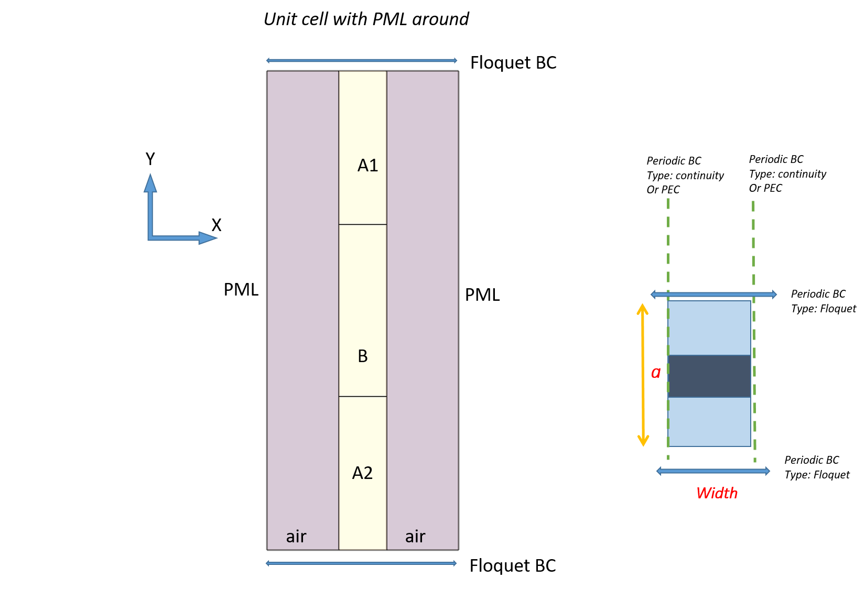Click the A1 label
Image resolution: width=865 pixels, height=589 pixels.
click(367, 166)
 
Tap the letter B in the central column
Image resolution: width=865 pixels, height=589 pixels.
click(363, 356)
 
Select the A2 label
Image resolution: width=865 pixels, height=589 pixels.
click(362, 473)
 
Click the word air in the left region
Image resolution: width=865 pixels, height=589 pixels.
click(296, 537)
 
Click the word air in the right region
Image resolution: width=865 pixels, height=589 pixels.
click(415, 537)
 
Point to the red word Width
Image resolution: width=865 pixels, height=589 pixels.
click(717, 493)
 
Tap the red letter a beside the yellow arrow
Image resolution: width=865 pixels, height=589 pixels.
click(655, 373)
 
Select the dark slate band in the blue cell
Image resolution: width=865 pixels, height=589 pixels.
click(709, 376)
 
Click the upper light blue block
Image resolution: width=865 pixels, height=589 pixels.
click(709, 328)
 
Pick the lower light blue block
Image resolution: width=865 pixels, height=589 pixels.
click(709, 422)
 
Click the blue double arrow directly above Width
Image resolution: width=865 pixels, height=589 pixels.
click(713, 471)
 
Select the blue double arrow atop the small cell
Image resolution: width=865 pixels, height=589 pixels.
click(713, 294)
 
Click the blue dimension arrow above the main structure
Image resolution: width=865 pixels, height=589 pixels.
click(362, 60)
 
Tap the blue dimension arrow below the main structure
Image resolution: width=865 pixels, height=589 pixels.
click(362, 563)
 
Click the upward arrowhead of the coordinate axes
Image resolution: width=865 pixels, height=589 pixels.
click(150, 183)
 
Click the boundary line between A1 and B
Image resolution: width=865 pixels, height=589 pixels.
click(363, 224)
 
